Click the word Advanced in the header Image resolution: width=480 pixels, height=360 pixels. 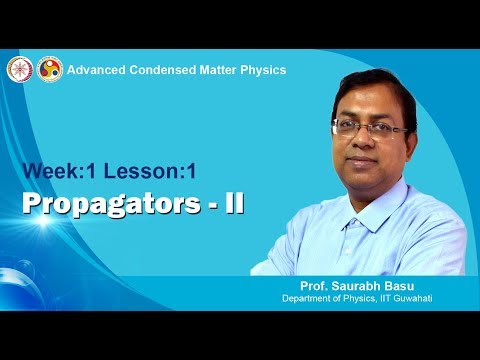[98, 70]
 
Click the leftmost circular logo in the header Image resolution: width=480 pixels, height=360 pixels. [19, 69]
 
